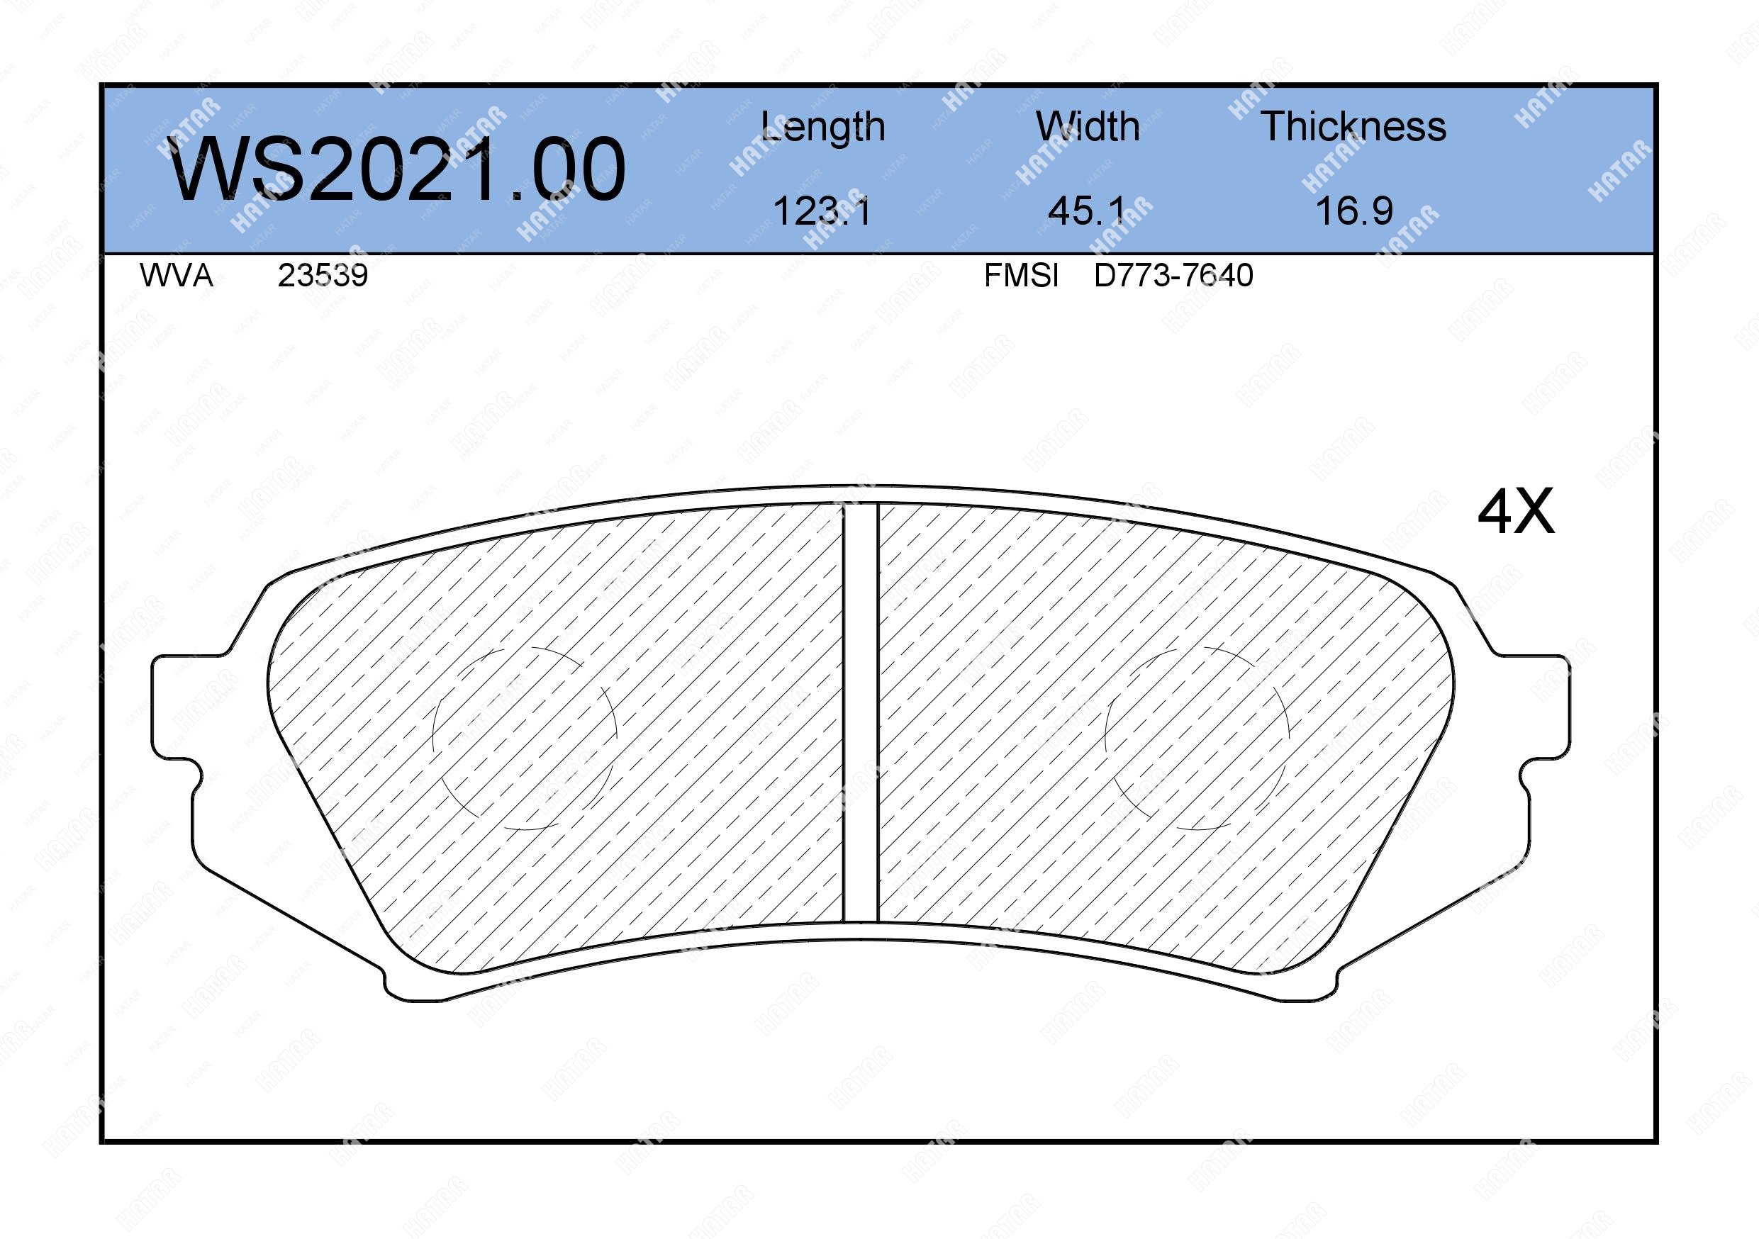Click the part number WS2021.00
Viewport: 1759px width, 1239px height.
pos(397,169)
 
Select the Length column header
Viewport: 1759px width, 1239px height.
pos(823,127)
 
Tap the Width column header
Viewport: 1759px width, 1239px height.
pos(1087,126)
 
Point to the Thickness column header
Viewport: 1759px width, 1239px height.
pos(1353,126)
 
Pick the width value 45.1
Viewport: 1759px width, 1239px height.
pos(1087,211)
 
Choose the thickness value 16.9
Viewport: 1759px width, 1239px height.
pos(1353,211)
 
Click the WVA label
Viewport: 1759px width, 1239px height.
pos(177,275)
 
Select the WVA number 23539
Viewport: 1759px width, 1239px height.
pos(323,275)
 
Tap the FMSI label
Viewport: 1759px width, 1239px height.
pos(1021,275)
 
